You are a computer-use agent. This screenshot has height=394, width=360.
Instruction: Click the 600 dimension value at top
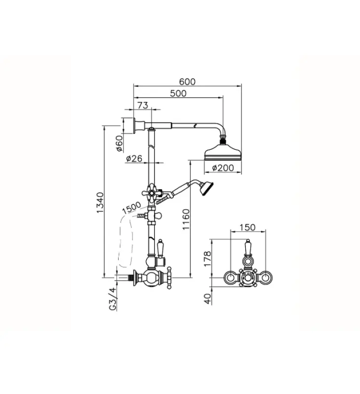pyautogui.click(x=188, y=82)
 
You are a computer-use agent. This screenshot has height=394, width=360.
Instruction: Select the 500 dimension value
pyautogui.click(x=178, y=94)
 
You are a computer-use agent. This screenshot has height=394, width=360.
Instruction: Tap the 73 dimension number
pyautogui.click(x=142, y=105)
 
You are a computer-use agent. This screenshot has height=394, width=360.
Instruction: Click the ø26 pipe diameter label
pyautogui.click(x=134, y=159)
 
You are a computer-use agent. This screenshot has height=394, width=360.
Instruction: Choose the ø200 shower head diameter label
pyautogui.click(x=222, y=168)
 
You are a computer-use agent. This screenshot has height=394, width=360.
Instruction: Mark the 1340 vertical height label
pyautogui.click(x=100, y=202)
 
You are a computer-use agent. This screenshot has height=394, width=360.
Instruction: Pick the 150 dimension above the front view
pyautogui.click(x=247, y=227)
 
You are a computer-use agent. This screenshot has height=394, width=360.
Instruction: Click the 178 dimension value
pyautogui.click(x=207, y=259)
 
